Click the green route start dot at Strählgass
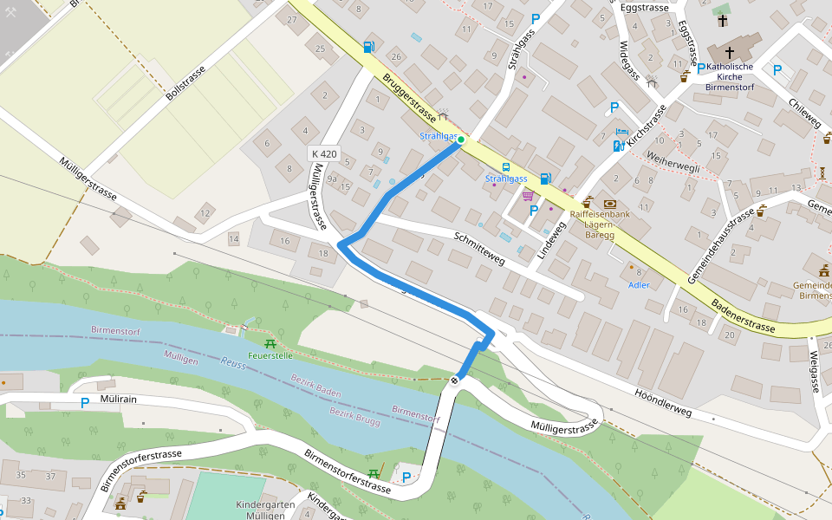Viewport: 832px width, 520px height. pos(461,139)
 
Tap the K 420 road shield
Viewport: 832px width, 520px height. pos(323,154)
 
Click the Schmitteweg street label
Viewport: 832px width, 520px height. pos(479,248)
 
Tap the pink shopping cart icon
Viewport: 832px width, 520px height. pos(527,196)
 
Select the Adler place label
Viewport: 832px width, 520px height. pos(639,285)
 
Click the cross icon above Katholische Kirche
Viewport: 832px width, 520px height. pos(729,52)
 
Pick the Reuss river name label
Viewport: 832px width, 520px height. pos(233,364)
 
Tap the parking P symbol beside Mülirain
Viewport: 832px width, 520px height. pos(85,403)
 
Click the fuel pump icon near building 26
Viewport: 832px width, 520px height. pos(370,47)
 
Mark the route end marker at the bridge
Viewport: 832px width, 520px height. pos(454,380)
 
